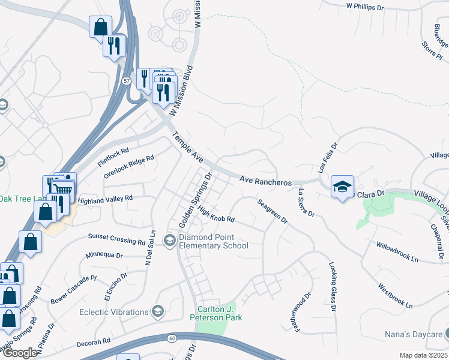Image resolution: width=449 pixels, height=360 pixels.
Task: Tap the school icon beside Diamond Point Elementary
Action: click(x=170, y=241)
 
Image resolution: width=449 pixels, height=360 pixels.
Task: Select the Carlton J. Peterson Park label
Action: click(x=217, y=313)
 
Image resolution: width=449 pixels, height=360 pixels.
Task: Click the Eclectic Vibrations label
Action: click(x=113, y=312)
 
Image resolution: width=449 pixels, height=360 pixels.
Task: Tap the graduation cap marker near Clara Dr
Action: click(x=342, y=187)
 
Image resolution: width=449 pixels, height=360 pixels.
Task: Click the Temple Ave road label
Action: click(x=188, y=150)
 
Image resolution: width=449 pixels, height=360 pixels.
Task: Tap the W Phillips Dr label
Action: click(x=364, y=7)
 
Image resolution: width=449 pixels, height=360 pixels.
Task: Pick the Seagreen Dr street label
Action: click(x=273, y=211)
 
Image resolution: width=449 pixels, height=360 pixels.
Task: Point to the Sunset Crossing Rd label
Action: click(x=116, y=240)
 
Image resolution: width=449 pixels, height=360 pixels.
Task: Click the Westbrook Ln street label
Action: click(x=396, y=296)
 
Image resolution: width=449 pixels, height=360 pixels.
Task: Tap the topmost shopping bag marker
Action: click(x=100, y=26)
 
